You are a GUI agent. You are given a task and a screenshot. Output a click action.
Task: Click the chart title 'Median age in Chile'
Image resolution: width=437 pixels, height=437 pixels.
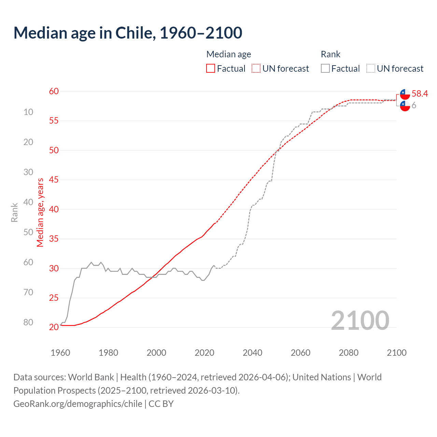128,33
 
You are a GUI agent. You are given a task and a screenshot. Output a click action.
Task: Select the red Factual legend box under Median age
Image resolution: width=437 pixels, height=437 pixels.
211,69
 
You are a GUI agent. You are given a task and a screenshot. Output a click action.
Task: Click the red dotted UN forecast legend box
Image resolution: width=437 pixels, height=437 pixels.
256,69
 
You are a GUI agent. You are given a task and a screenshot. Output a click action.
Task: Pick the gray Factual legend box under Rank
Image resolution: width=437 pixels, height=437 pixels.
325,69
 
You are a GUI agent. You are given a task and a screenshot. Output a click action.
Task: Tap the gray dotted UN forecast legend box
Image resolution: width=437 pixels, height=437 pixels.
371,69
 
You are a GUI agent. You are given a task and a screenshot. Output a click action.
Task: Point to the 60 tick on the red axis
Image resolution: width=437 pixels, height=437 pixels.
54,91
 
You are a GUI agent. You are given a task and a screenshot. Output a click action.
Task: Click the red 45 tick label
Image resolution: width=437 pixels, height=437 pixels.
54,180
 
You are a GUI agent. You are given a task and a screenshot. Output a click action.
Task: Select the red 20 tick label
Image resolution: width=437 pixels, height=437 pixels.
54,327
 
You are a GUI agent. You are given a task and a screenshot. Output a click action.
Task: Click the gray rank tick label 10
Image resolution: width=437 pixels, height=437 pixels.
28,112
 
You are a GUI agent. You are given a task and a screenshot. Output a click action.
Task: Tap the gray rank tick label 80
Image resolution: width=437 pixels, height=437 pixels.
28,322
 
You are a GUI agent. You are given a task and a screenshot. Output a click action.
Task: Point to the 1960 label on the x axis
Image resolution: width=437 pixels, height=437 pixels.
60,353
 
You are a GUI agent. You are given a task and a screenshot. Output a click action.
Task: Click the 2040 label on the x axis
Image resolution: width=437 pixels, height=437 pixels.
253,353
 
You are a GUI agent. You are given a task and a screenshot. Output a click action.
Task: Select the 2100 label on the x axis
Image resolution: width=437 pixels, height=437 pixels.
396,353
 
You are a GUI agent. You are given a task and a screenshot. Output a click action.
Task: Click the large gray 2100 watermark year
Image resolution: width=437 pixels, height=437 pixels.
360,320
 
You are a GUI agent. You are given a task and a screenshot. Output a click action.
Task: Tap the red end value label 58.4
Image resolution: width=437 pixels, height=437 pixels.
420,94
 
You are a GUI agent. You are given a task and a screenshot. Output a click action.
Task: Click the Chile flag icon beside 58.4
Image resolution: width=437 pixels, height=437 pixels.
405,94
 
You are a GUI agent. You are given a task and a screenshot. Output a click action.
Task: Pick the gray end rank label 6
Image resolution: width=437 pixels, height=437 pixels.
414,105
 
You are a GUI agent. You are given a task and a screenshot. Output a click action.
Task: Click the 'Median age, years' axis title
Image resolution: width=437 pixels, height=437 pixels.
41,212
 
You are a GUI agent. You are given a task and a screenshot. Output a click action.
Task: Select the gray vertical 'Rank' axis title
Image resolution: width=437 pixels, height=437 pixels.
14,212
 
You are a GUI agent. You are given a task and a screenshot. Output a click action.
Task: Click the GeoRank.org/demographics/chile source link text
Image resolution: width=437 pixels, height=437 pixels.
78,404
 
